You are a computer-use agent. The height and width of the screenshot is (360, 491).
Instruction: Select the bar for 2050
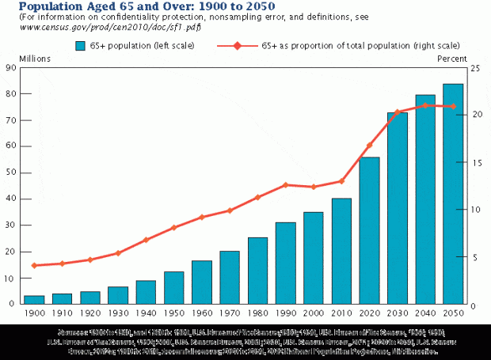453,194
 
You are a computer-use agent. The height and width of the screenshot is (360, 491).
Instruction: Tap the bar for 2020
369,230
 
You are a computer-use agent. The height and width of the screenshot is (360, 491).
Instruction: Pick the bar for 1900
34,300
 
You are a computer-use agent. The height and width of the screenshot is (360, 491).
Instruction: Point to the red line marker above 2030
398,112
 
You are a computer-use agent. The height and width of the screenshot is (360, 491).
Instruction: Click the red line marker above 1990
285,185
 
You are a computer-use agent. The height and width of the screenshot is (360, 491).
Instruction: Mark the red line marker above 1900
34,266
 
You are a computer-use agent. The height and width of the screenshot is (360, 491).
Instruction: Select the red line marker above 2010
341,181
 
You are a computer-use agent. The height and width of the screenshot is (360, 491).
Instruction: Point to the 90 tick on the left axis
11,68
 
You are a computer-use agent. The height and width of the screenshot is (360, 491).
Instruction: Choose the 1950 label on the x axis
174,313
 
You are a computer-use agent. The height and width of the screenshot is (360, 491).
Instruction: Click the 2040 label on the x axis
425,313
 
